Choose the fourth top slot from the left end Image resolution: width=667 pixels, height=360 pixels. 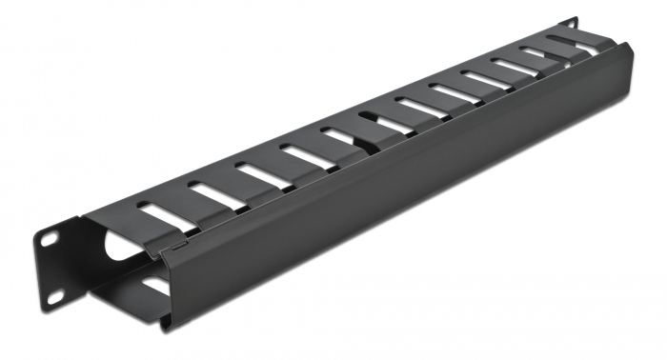click(x=307, y=154)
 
